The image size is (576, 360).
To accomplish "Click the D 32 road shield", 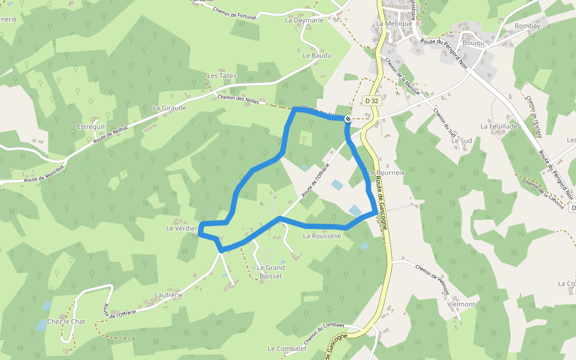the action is point(371,101).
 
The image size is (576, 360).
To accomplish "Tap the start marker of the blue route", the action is point(348,119).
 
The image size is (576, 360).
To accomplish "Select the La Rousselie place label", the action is point(322,236).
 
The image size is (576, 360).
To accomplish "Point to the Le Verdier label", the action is point(182,229).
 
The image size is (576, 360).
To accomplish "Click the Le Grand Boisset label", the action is point(271,271).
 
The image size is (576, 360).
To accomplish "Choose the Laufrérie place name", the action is point(168,295).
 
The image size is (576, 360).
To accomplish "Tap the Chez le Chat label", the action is point(66,322).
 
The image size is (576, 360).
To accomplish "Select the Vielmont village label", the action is point(461,304).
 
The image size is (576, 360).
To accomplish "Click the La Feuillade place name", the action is point(499,127).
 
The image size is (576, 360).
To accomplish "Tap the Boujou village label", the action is point(473,43).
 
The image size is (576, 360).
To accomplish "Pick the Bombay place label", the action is point(527,26).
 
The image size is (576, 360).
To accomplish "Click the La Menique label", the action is point(394,23).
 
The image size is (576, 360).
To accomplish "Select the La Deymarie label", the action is point(304,20).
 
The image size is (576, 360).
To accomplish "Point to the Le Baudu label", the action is point(317,55).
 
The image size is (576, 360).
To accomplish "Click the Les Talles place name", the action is point(222,76).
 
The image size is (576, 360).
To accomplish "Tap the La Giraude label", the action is point(169,108).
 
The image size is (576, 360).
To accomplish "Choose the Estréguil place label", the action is point(91,127).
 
